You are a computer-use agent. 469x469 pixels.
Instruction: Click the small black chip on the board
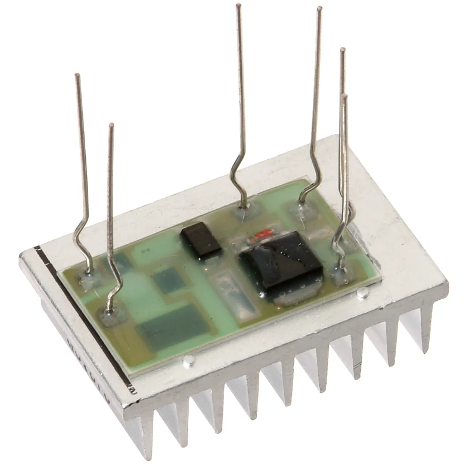201,240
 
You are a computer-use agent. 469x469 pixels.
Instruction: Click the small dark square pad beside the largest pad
169,280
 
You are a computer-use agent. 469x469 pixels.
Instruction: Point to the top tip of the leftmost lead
77,75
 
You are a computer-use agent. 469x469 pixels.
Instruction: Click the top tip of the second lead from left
111,125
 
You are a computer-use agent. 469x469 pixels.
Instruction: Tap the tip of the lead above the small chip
238,6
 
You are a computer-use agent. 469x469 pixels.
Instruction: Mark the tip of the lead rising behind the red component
319,8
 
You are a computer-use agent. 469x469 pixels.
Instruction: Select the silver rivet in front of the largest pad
189,360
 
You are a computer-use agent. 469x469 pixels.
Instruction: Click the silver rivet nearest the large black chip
362,292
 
